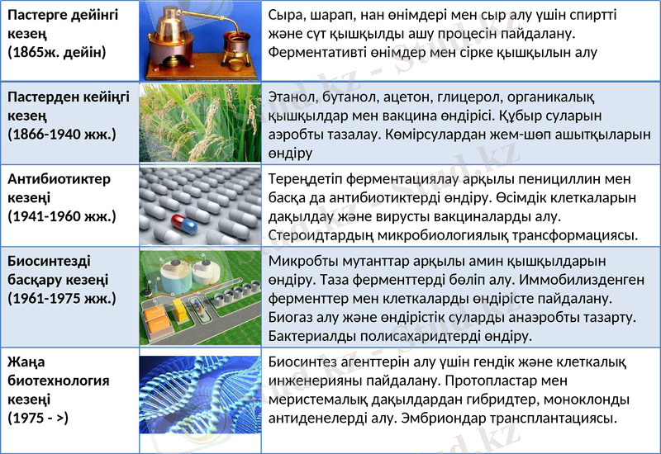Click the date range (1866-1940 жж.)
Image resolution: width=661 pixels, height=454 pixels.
coord(62,133)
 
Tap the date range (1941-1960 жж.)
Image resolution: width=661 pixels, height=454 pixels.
coord(62,216)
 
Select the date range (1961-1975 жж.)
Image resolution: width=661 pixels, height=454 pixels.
coord(62,298)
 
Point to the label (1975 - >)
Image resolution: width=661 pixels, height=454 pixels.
coord(38,418)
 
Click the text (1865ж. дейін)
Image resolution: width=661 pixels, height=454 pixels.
coord(57,51)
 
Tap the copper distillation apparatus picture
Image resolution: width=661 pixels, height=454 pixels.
coord(200,40)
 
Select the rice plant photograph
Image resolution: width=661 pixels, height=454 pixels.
coord(200,124)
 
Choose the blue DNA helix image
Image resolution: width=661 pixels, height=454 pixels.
coord(200,395)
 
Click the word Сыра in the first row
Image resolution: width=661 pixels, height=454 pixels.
coord(288,16)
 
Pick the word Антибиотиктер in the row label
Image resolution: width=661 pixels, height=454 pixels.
coord(59,179)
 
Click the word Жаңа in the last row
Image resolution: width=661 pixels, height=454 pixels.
coord(26,362)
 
